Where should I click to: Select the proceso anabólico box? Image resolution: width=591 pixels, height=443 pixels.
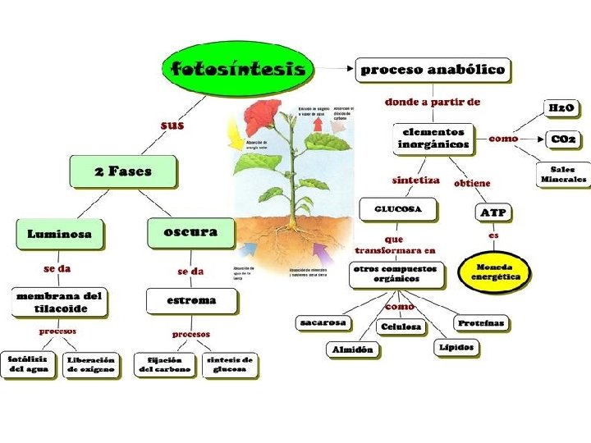(x=433, y=70)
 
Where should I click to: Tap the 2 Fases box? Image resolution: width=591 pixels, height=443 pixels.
(x=122, y=171)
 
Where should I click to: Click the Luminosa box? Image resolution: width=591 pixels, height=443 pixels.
(x=60, y=234)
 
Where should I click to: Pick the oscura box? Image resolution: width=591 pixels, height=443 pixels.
(x=190, y=232)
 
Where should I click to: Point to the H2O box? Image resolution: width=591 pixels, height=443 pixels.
(x=562, y=108)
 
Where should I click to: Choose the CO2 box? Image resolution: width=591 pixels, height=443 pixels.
(x=563, y=140)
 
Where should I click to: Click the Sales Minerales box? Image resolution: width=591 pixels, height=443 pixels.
(x=563, y=174)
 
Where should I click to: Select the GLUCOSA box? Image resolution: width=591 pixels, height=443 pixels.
(x=398, y=209)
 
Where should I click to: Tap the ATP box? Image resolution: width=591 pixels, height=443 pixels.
(x=493, y=213)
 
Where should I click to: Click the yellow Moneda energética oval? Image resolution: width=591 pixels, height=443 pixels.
(x=495, y=272)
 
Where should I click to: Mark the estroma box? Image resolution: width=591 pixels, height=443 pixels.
(x=191, y=300)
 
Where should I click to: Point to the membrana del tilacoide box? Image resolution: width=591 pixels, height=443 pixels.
(x=60, y=301)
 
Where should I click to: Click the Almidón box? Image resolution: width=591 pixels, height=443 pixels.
(x=353, y=349)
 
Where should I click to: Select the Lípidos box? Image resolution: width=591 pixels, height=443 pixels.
(x=456, y=347)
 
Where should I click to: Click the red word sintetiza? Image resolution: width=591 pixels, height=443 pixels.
(x=415, y=180)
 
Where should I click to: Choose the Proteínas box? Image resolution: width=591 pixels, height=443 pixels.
(x=481, y=323)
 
